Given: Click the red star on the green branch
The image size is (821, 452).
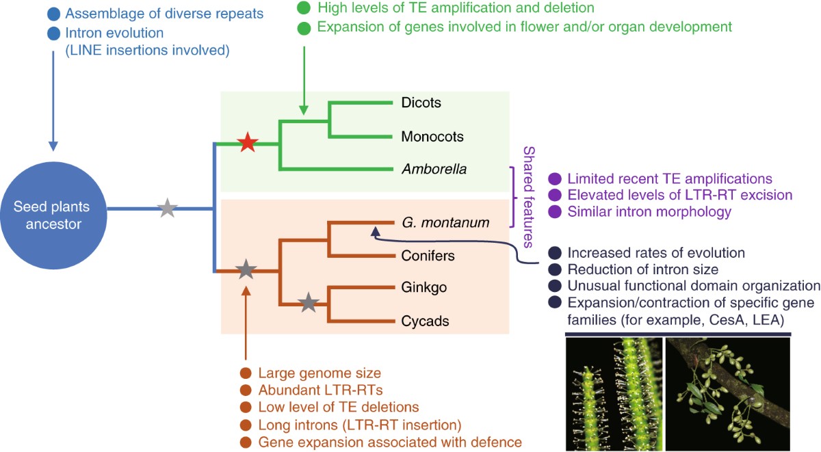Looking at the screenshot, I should [x=248, y=144].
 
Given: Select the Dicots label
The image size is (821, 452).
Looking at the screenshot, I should [x=421, y=103].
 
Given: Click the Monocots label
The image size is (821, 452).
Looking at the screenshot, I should [x=432, y=136].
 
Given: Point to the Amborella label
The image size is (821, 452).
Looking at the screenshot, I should [x=434, y=169].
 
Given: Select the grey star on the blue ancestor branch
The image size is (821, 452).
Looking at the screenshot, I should [x=168, y=208].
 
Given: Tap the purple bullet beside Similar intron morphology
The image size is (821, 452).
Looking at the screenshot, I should [x=556, y=212].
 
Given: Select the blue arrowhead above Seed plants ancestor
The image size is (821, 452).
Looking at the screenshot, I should [x=53, y=146].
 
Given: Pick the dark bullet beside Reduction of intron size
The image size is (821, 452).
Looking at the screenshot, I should [x=556, y=270].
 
